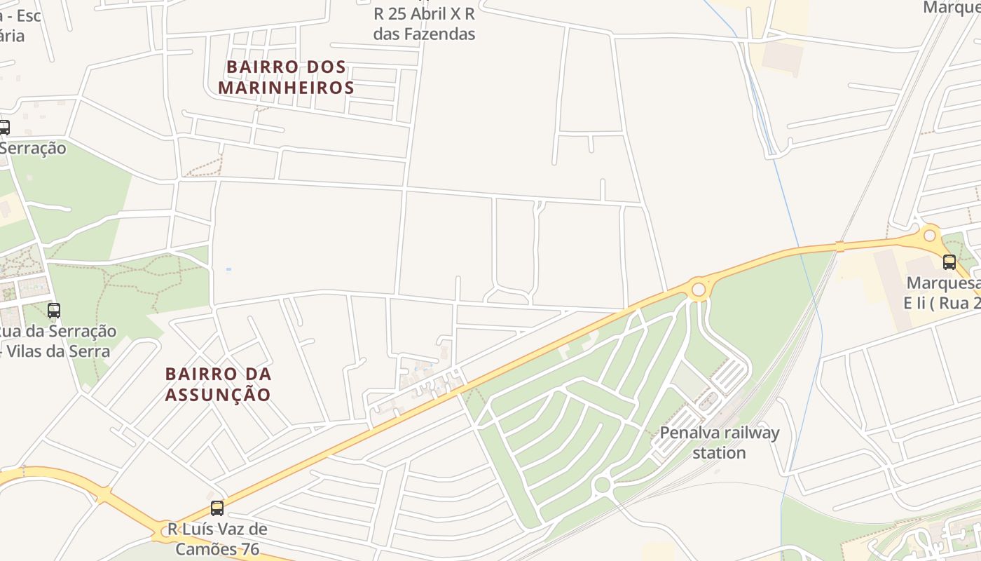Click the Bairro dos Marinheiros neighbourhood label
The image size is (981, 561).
click(x=286, y=77)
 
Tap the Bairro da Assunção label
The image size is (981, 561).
click(x=218, y=384)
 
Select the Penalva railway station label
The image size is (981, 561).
click(x=719, y=442)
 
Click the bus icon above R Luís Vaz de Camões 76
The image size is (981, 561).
click(x=217, y=508)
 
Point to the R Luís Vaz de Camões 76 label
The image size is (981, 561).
click(x=217, y=539)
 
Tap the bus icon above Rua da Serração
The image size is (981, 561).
click(x=54, y=310)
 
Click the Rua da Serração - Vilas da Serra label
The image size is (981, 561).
click(x=57, y=341)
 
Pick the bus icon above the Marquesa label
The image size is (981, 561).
click(x=949, y=262)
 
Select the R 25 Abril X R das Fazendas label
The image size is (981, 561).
click(x=425, y=24)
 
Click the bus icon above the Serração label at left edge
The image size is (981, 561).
click(x=4, y=128)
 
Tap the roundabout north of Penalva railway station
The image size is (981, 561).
click(x=698, y=289)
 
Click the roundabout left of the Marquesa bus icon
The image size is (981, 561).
click(x=930, y=236)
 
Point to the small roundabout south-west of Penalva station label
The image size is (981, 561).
click(x=601, y=485)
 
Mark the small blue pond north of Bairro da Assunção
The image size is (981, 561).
click(x=228, y=269)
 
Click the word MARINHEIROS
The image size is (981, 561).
click(x=286, y=88)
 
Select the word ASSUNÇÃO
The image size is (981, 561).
click(x=218, y=395)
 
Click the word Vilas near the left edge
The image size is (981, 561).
click(x=24, y=351)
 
